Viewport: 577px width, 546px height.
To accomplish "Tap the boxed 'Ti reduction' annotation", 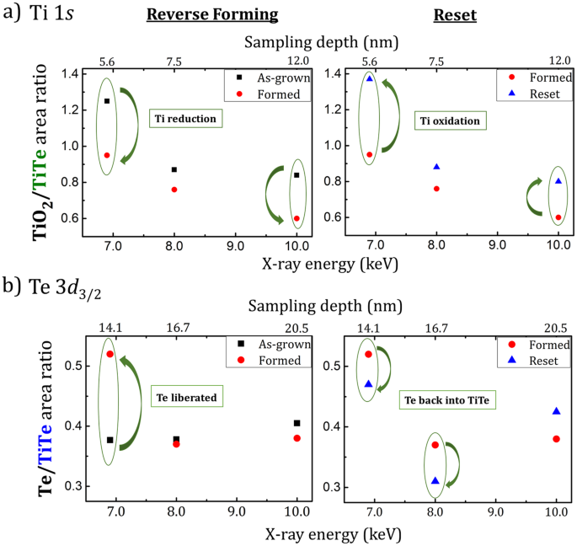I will (184, 120).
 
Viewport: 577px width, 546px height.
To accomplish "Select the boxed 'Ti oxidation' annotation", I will (450, 121).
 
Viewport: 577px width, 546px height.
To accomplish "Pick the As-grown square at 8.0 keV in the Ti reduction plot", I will (174, 169).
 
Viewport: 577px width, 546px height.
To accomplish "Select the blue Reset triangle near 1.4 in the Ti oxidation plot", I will (369, 78).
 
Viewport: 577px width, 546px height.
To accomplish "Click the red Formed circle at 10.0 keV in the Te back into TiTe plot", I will (557, 439).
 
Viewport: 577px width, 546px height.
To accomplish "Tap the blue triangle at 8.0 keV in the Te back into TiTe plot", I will (435, 480).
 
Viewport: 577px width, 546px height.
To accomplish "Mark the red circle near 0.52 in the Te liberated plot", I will (110, 354).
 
